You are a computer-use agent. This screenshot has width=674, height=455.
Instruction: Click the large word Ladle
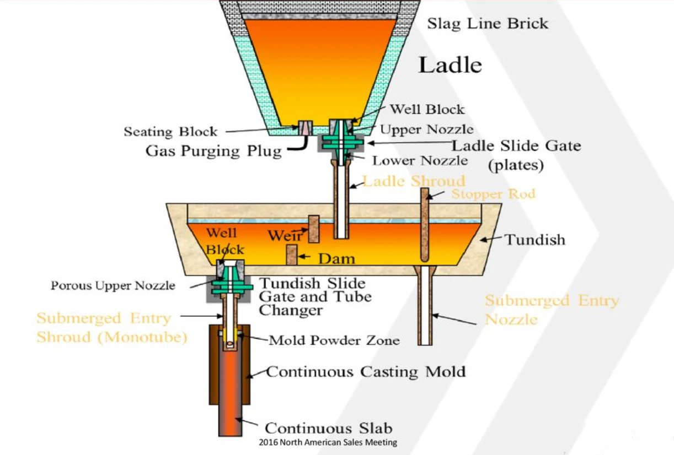tap(450, 65)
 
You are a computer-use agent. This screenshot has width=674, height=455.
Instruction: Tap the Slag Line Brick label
tap(488, 24)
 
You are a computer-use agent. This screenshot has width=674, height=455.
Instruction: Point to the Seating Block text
tap(170, 132)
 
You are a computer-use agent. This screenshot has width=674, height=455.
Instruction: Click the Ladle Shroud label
tap(414, 181)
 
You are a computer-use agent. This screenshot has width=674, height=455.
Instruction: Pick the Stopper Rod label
tap(493, 194)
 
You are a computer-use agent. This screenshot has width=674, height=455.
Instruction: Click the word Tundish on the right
tap(535, 240)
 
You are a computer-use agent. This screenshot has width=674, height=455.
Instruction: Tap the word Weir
tap(285, 236)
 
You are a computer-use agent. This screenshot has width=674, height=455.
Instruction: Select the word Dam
tap(336, 258)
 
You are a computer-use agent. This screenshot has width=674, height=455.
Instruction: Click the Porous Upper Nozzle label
tap(113, 286)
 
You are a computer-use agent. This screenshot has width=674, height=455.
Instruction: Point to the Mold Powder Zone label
tap(334, 340)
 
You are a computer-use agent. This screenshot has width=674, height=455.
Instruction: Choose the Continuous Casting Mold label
tap(366, 371)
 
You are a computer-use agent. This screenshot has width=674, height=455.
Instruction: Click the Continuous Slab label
tap(329, 429)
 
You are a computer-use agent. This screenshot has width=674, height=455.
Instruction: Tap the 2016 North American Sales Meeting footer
tap(328, 442)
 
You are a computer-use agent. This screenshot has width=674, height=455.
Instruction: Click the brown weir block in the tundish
tap(314, 229)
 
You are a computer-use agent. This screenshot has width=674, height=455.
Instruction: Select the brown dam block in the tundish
tap(291, 254)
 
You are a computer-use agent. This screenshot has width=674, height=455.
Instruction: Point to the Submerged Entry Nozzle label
tap(552, 309)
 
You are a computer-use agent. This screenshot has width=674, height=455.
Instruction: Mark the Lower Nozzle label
tap(420, 161)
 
